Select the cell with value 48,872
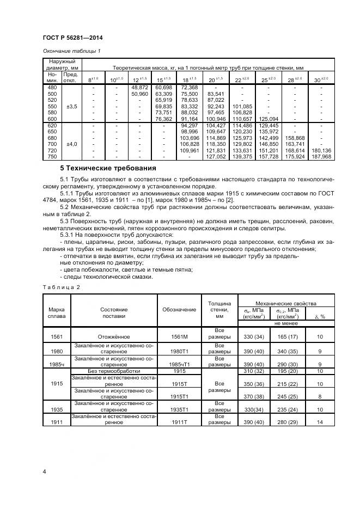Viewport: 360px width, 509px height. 140,87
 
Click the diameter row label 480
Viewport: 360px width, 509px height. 52,87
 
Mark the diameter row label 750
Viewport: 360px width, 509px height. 52,156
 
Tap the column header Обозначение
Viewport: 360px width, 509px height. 179,309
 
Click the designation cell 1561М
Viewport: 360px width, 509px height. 179,337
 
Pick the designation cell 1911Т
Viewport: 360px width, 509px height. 179,422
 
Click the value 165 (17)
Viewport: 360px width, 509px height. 288,337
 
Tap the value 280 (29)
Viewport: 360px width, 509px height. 288,422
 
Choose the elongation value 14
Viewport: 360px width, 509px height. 320,422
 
